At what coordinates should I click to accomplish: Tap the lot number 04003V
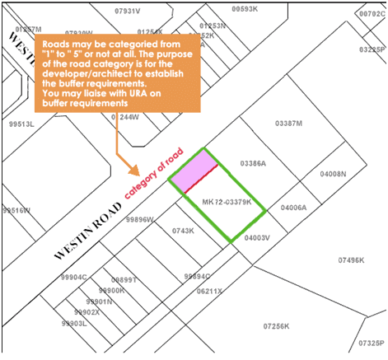point(258,237)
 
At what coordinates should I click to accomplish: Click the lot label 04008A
point(293,208)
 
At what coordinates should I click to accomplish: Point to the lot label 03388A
point(252,163)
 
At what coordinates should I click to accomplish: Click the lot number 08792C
point(372,14)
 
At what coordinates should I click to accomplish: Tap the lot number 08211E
point(209,291)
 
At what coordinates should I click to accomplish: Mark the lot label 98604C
point(74,278)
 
